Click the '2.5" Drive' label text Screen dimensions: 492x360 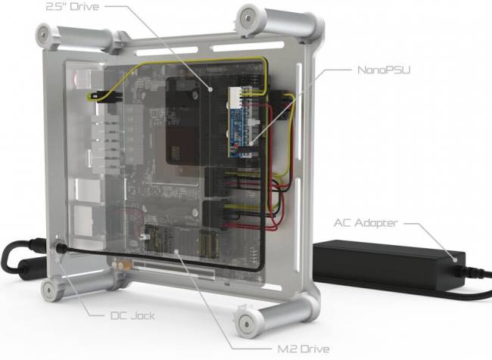click(x=73, y=7)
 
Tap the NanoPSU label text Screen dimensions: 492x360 click(x=384, y=70)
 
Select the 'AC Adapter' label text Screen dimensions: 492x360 click(x=366, y=223)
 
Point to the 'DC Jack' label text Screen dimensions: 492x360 click(x=132, y=315)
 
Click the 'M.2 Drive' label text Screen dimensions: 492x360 click(x=304, y=349)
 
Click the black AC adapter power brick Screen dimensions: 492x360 click(x=389, y=265)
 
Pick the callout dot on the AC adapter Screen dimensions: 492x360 click(x=455, y=259)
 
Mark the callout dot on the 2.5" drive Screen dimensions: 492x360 click(x=210, y=89)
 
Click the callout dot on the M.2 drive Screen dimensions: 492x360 click(x=176, y=252)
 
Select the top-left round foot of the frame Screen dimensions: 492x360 click(x=43, y=33)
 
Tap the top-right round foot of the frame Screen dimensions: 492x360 click(x=248, y=18)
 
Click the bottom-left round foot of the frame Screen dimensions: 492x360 click(x=49, y=290)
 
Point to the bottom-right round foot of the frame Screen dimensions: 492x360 click(x=247, y=322)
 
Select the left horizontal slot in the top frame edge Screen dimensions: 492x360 click(x=167, y=51)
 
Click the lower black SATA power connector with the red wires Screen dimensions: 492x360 click(x=216, y=215)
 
